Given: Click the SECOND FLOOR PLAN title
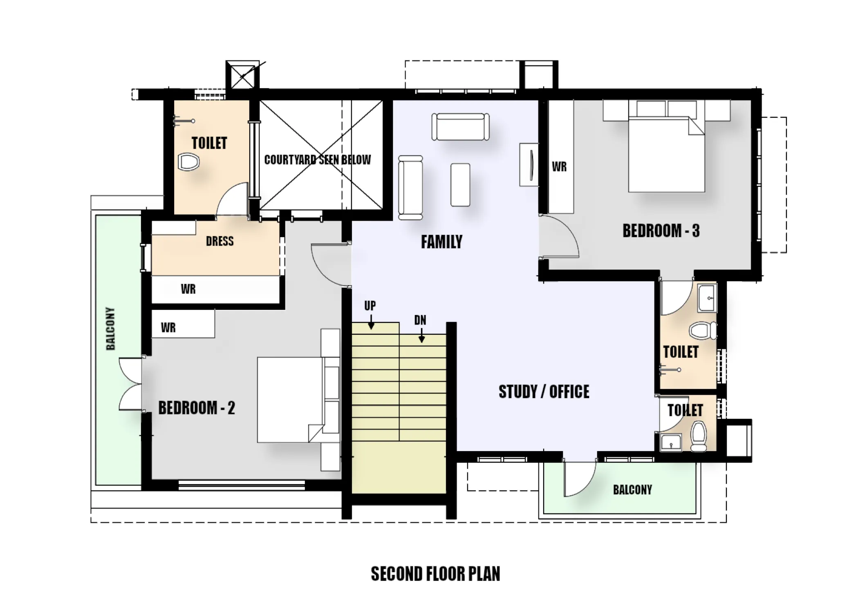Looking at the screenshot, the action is point(435,574).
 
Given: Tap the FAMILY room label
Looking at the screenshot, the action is point(441,242).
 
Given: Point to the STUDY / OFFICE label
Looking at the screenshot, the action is point(544,392).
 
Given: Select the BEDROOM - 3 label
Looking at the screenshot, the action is point(661,231).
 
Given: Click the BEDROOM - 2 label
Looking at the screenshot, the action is point(197,408).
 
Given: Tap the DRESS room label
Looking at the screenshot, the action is point(220,241).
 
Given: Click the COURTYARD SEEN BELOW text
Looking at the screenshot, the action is point(318,159).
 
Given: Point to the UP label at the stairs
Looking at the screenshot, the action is point(370,306).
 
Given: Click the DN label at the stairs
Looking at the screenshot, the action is point(420,320).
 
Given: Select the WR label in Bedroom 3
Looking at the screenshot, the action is point(559,167).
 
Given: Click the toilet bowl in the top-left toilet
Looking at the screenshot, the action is point(188,162).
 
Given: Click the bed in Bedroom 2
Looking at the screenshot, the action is point(290,400).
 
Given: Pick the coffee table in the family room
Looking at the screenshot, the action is point(460,185).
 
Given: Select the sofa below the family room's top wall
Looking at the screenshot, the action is point(461,127).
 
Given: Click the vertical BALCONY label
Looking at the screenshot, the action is point(110,329).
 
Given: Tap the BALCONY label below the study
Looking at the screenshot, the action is point(632,490).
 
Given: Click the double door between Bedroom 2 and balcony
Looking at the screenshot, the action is point(131,384).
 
